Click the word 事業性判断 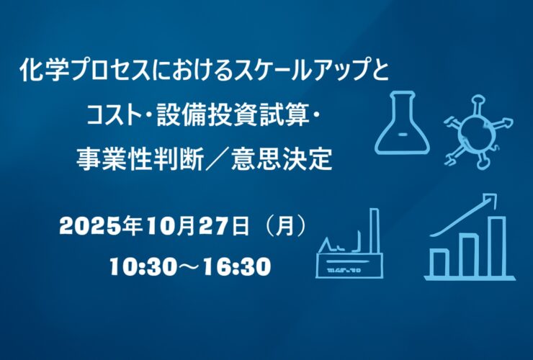click(140, 159)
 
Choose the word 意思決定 click(282, 159)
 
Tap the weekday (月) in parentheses click(285, 226)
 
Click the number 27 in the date click(213, 226)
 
